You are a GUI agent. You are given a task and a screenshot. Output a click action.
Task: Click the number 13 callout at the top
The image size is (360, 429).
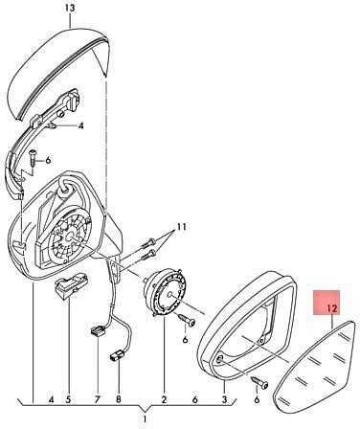[70, 8]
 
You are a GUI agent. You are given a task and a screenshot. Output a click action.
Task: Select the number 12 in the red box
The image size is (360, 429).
[332, 308]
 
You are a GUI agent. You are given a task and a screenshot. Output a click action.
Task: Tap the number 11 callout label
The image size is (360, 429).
[181, 227]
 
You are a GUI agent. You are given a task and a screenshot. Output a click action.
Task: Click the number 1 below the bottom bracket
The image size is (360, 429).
[145, 418]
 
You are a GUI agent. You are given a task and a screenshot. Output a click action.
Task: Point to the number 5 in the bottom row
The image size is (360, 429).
[69, 399]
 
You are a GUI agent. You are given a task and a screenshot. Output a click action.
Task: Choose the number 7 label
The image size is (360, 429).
[98, 399]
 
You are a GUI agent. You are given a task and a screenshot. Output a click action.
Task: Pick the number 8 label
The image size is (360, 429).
[119, 399]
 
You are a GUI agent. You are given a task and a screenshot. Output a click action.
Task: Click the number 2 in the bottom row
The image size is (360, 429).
[164, 399]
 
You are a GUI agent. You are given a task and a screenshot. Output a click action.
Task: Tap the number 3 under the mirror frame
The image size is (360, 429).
[224, 399]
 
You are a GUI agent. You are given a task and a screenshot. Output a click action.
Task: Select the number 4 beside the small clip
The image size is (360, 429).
[81, 126]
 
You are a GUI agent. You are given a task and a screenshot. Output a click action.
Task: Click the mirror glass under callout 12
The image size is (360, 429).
[315, 367]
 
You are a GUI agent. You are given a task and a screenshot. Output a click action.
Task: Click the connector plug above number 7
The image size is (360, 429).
[98, 331]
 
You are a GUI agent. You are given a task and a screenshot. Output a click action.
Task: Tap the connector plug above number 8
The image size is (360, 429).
[116, 356]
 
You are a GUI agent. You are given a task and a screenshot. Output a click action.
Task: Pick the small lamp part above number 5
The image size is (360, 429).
[72, 283]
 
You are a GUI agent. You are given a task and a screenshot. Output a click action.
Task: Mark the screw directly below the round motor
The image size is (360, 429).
[188, 321]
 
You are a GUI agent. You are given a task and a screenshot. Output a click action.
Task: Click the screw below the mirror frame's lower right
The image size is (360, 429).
[259, 382]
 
